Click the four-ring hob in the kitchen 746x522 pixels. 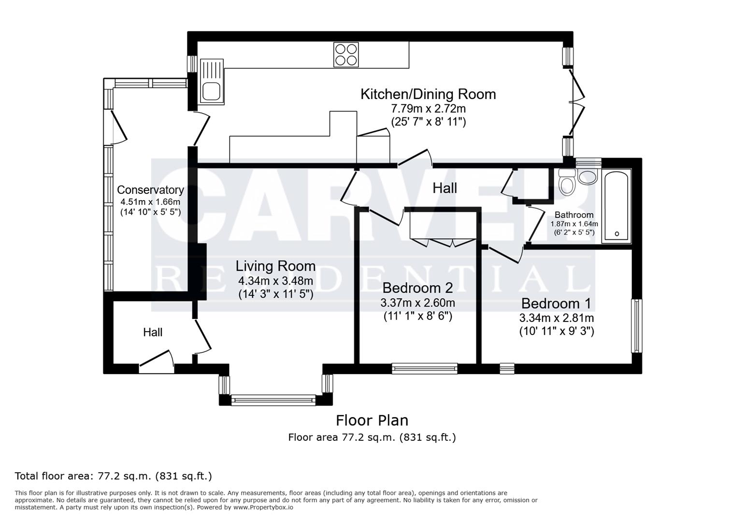pyautogui.click(x=346, y=54)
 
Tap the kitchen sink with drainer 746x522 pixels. pyautogui.click(x=212, y=81)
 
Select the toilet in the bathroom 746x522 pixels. pyautogui.click(x=566, y=182)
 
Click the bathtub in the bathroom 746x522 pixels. pyautogui.click(x=616, y=206)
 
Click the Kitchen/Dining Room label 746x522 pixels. pyautogui.click(x=428, y=94)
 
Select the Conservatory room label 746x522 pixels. pyautogui.click(x=150, y=190)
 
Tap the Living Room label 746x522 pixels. pyautogui.click(x=275, y=266)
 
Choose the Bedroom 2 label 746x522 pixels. pyautogui.click(x=417, y=288)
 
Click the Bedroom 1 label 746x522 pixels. pyautogui.click(x=556, y=304)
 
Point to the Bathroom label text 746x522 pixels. pyautogui.click(x=574, y=215)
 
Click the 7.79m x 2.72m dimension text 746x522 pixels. pyautogui.click(x=428, y=109)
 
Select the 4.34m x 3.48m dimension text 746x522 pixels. pyautogui.click(x=275, y=281)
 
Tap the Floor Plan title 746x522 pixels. pyautogui.click(x=372, y=420)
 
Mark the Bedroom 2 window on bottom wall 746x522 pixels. pyautogui.click(x=425, y=368)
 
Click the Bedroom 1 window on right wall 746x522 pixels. pyautogui.click(x=637, y=326)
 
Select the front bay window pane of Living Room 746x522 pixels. pyautogui.click(x=273, y=400)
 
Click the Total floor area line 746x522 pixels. pyautogui.click(x=114, y=476)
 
